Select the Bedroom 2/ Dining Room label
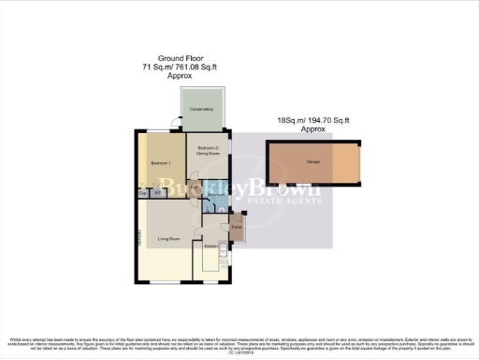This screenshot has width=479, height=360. [x=209, y=149]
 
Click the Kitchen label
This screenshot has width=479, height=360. [x=211, y=246]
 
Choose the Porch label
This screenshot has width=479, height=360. [x=237, y=227]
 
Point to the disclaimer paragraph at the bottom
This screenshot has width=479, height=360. [x=239, y=343]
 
